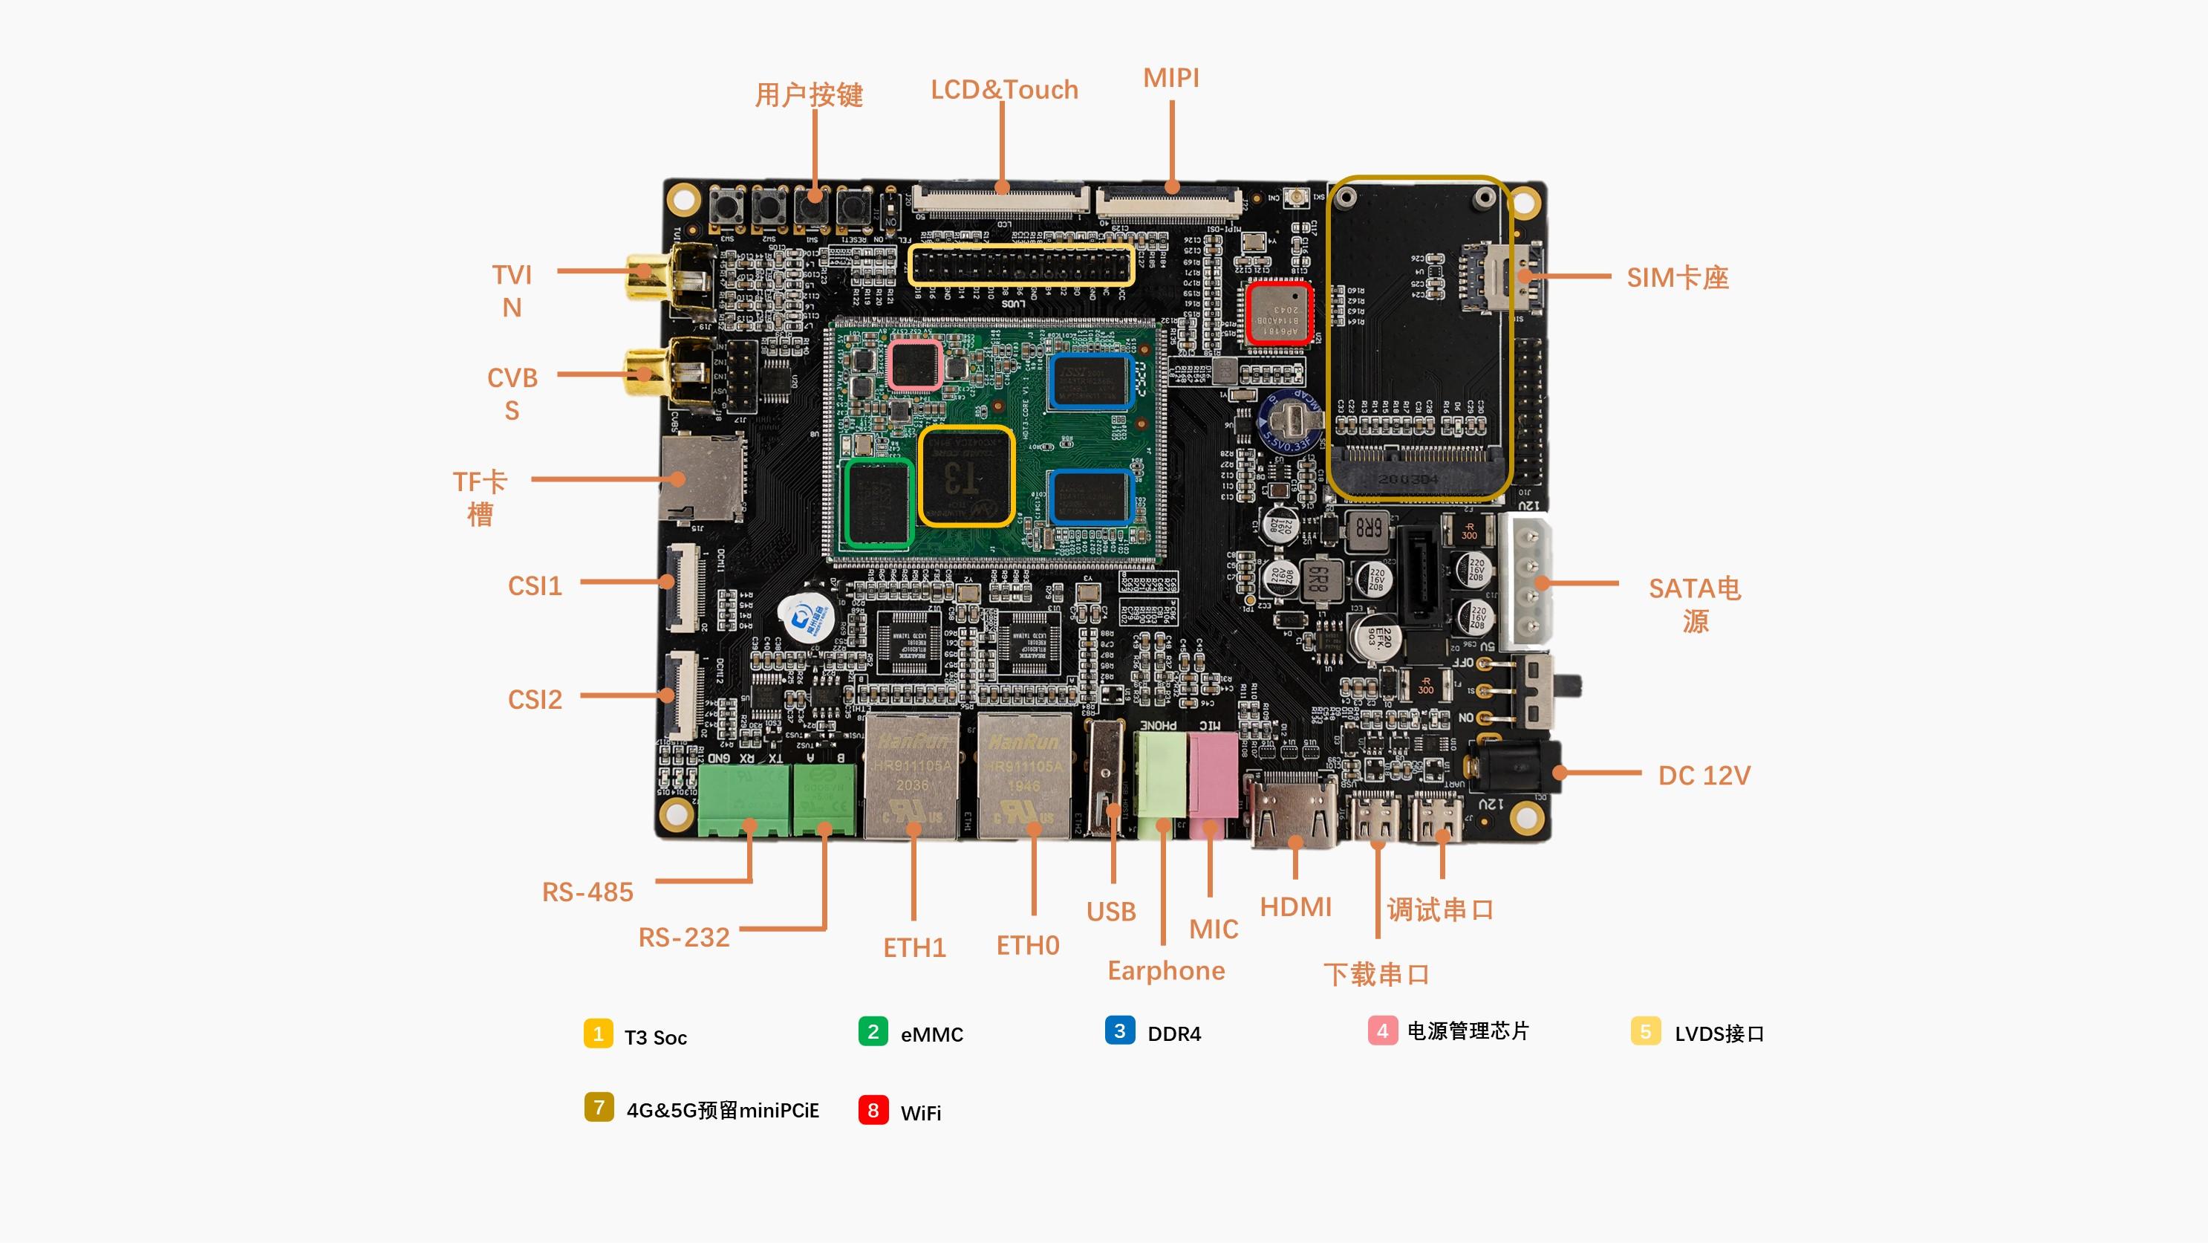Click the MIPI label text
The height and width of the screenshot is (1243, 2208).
click(x=1171, y=78)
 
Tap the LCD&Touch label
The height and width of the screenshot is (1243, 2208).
click(x=1003, y=90)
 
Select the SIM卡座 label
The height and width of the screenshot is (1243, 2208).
click(x=1678, y=278)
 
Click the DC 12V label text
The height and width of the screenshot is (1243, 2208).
click(x=1703, y=776)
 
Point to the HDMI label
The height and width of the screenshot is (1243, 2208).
click(x=1295, y=907)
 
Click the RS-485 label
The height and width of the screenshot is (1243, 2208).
click(x=587, y=892)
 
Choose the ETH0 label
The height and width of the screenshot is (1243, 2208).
click(x=1028, y=946)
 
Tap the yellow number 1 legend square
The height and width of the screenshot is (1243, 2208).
click(x=599, y=1033)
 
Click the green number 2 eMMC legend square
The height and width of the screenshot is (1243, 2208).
click(x=873, y=1031)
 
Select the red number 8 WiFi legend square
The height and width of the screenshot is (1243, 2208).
click(x=873, y=1110)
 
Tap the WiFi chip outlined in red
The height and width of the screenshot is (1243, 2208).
click(x=1278, y=313)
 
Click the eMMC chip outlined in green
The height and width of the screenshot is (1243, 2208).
click(x=879, y=502)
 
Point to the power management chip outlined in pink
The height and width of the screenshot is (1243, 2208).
click(x=914, y=364)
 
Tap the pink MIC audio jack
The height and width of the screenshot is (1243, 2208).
click(x=1212, y=776)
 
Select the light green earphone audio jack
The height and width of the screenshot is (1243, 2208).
click(x=1162, y=776)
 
